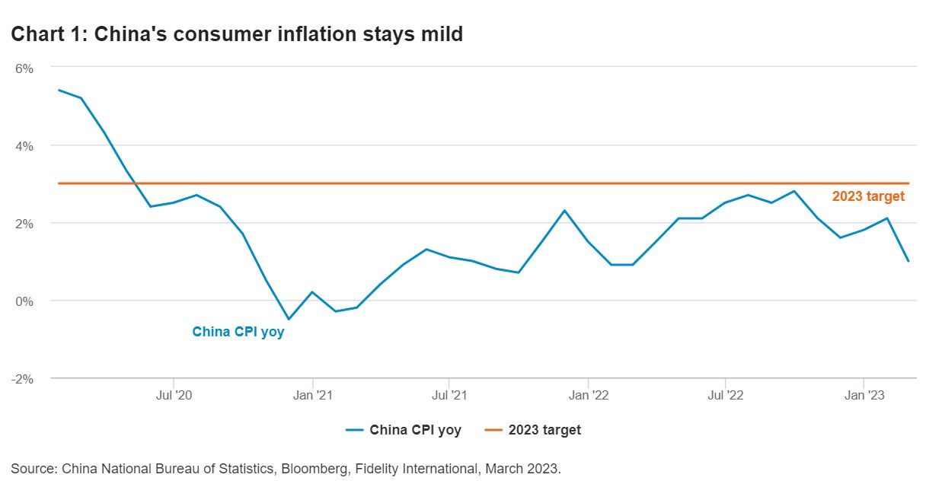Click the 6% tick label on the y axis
tap(24, 68)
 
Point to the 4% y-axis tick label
tap(24, 145)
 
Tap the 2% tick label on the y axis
tap(24, 223)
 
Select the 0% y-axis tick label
tap(24, 301)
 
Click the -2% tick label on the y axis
tap(22, 378)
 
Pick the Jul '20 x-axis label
tap(174, 396)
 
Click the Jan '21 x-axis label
tap(312, 396)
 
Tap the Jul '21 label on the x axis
tap(449, 396)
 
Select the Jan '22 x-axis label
tap(589, 396)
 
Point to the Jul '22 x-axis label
tap(726, 396)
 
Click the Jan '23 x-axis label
tap(864, 396)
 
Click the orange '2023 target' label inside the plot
tap(868, 196)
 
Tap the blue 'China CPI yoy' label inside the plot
tap(238, 332)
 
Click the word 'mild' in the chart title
tap(439, 34)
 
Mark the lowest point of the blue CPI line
tap(289, 319)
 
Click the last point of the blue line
tap(908, 261)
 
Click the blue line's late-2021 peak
tap(564, 210)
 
